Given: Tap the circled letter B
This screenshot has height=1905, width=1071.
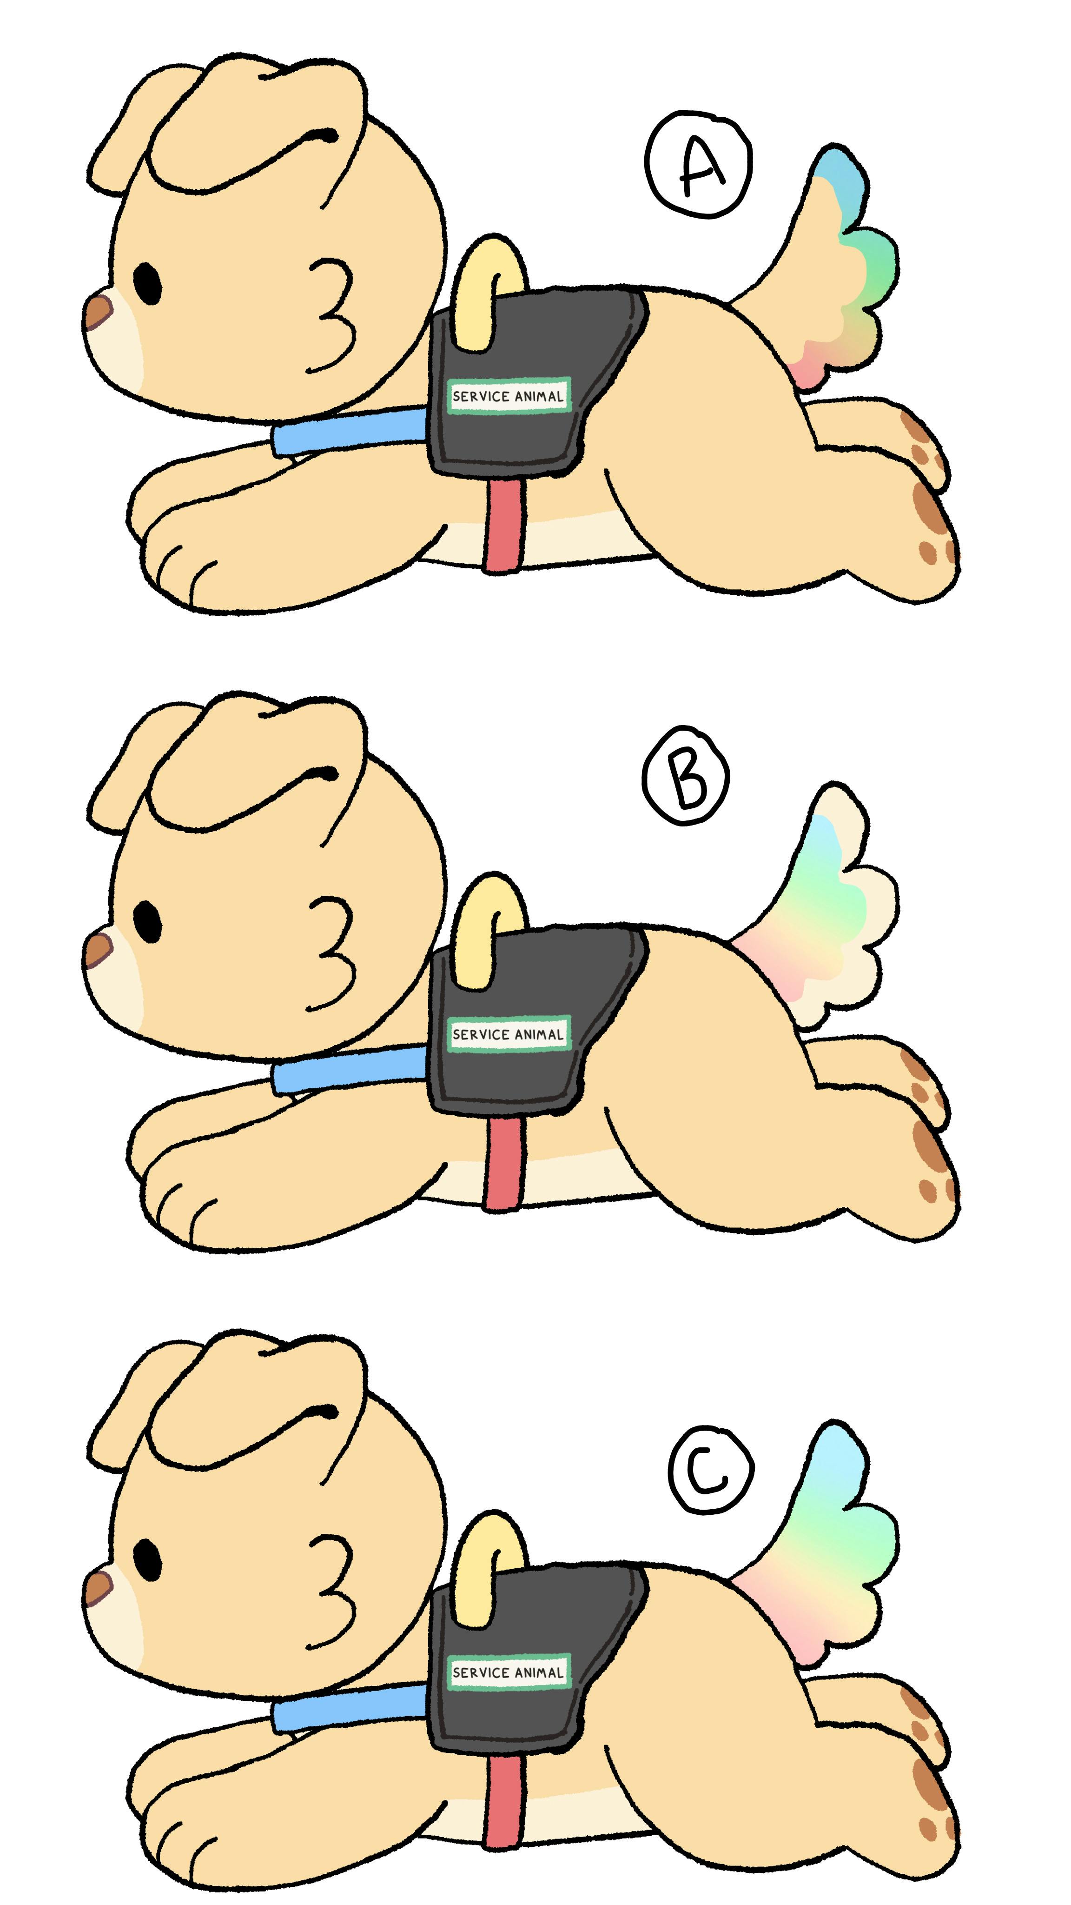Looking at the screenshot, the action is pos(687,777).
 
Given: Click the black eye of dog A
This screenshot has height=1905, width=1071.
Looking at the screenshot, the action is pos(148,283).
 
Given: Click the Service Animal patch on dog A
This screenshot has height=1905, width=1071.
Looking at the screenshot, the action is pos(508,396).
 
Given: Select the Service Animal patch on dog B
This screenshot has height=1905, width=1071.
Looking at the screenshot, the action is pos(508,1034).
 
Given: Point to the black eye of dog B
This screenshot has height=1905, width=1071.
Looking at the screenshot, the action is pos(148,921).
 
